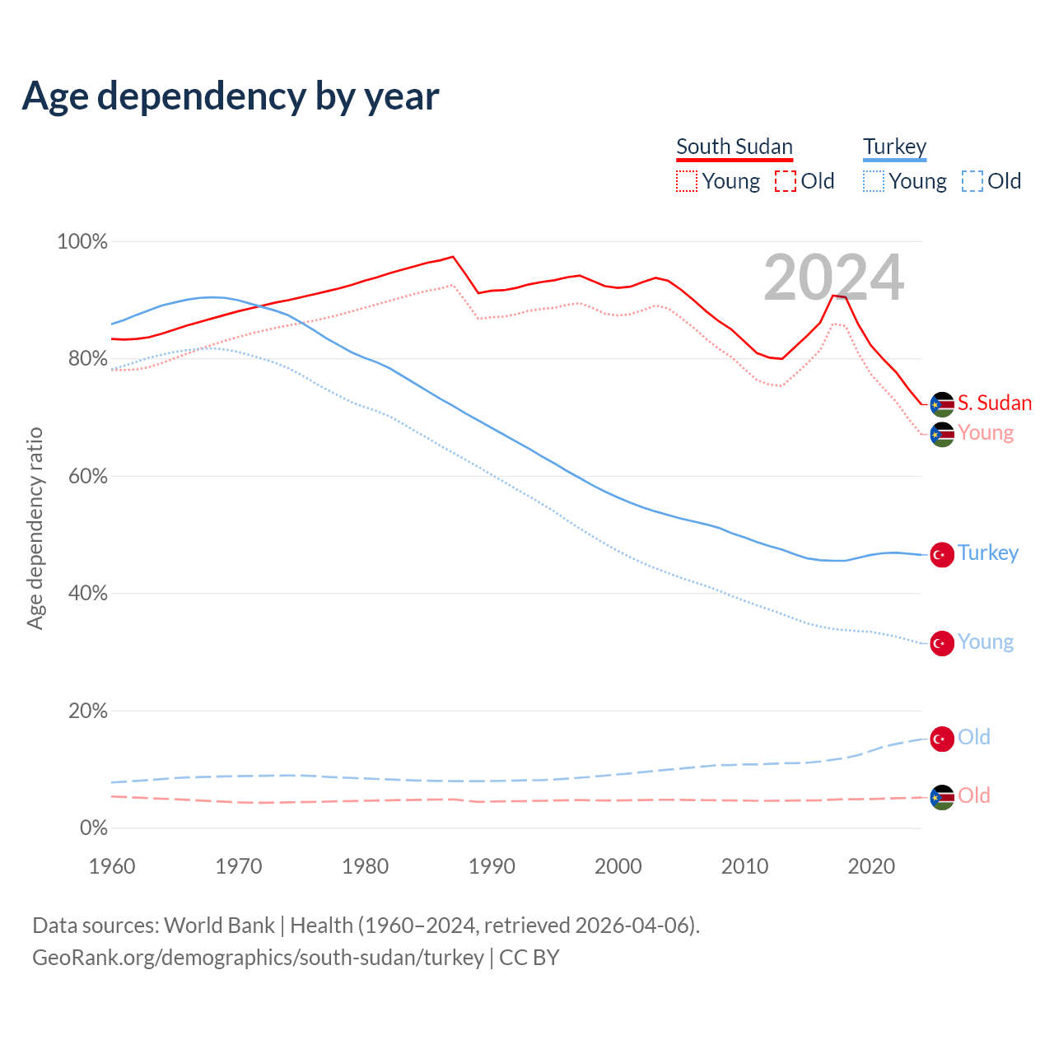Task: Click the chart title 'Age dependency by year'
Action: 231,96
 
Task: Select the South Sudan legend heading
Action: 734,147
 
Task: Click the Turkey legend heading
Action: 894,147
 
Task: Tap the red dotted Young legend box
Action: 687,181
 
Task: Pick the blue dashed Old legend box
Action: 972,181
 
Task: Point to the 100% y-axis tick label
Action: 82,241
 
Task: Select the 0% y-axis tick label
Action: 93,828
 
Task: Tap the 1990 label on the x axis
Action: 492,866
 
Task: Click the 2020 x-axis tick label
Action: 871,866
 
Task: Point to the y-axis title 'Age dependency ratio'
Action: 35,528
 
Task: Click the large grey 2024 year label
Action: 833,277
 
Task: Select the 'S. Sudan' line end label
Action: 995,403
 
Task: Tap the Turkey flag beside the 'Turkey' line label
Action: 942,554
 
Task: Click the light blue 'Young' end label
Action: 986,642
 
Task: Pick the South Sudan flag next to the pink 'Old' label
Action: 942,797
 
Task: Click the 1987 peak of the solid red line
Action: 453,256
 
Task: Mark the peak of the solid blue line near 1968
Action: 212,296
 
